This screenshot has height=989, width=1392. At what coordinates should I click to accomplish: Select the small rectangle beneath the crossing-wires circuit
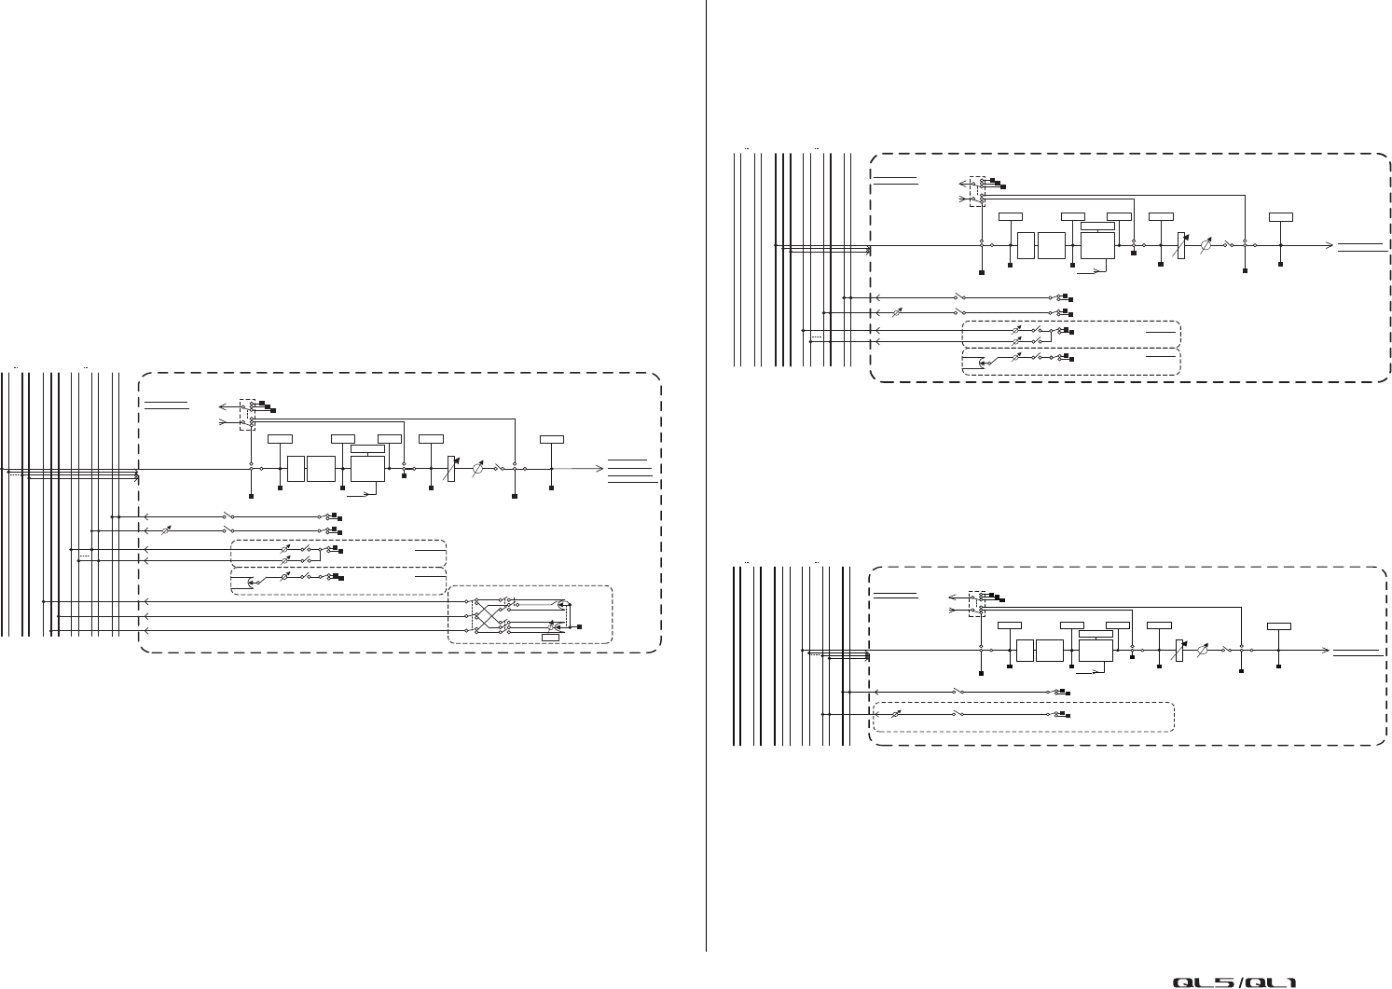point(550,637)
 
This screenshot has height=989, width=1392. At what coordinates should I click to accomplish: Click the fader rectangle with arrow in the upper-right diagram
point(1180,245)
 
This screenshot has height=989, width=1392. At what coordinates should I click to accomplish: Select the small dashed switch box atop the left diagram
point(247,414)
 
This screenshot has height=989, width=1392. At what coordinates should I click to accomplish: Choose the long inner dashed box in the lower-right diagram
point(1021,716)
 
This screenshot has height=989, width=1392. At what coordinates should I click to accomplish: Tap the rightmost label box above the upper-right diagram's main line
point(1280,216)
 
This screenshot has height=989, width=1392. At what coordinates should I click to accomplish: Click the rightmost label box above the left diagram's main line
point(551,438)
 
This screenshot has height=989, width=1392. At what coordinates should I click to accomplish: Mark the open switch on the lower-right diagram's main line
point(1228,649)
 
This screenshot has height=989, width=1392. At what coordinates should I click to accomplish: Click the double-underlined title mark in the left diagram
point(167,406)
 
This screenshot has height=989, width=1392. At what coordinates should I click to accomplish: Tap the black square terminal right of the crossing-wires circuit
point(580,626)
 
